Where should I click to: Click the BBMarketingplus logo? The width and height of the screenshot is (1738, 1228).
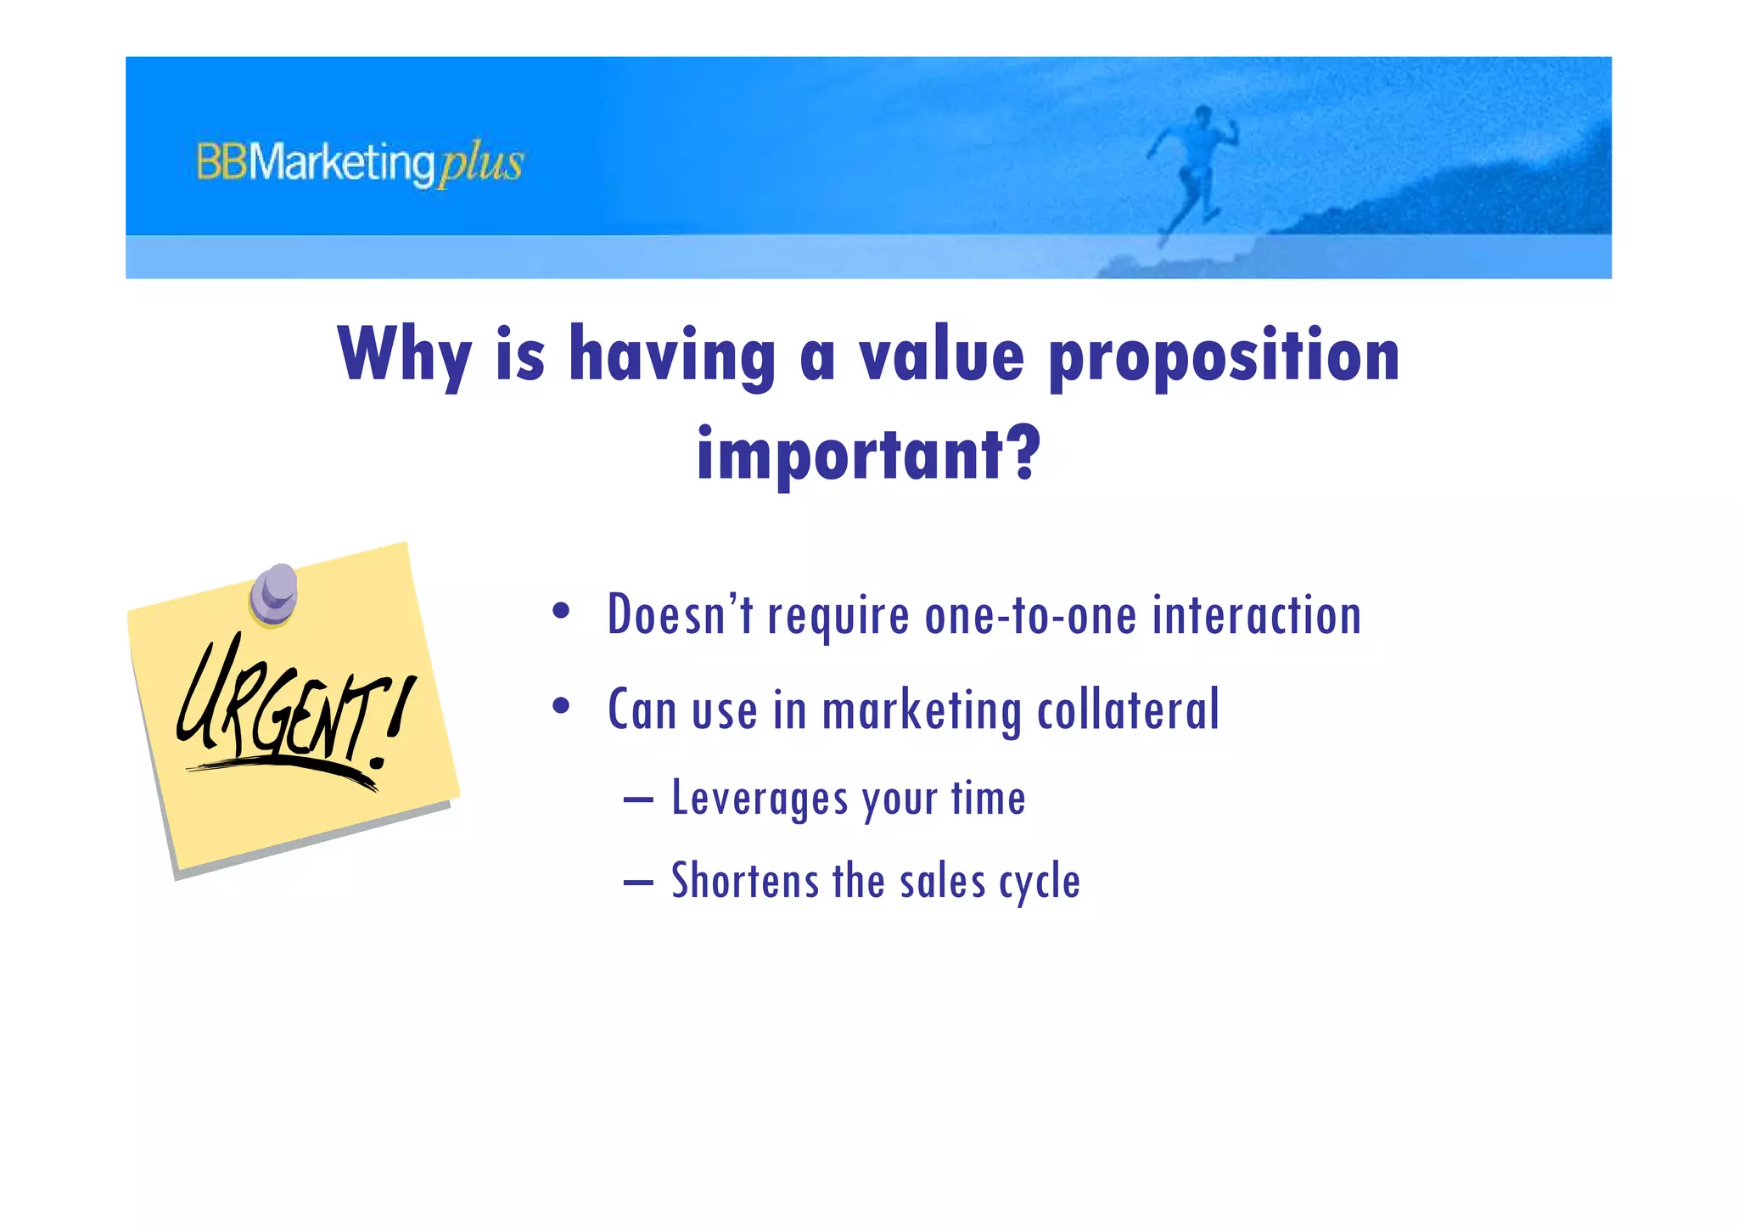click(x=360, y=163)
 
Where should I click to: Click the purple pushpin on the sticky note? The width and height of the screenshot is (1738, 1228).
click(x=274, y=593)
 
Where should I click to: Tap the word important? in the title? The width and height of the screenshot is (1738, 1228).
click(x=868, y=455)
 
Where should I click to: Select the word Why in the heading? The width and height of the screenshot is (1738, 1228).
click(x=403, y=356)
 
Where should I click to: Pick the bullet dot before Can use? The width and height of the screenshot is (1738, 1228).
click(x=560, y=706)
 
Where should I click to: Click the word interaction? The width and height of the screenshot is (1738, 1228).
click(x=1256, y=615)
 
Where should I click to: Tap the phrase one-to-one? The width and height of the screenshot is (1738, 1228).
click(x=1030, y=615)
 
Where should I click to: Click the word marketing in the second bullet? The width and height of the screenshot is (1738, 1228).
click(x=922, y=711)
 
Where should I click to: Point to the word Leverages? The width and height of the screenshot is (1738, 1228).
click(x=759, y=799)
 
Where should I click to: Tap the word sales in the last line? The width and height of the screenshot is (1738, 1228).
click(x=942, y=881)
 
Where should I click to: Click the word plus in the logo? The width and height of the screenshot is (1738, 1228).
click(x=480, y=164)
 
